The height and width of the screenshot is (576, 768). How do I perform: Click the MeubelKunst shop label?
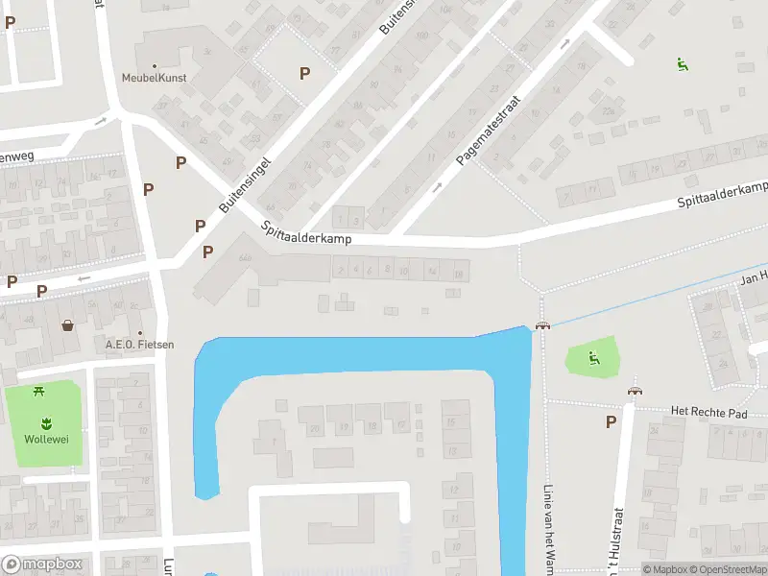154,78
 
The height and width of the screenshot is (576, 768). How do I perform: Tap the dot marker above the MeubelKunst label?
155,66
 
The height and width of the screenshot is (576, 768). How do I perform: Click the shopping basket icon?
68,324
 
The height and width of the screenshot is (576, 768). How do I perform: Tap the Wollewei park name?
45,440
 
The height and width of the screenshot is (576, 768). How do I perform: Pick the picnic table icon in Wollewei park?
40,391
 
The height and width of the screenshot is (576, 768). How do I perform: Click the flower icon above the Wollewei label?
45,422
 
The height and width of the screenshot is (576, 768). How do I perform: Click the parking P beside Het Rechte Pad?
611,421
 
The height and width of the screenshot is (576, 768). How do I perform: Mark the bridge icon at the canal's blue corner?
542,325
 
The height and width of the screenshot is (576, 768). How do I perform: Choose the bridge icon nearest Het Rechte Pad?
634,391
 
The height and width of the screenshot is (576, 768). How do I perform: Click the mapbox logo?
42,564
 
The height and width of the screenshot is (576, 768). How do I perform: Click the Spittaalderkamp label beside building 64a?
306,232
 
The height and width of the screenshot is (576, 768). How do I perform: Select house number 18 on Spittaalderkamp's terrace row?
459,275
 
